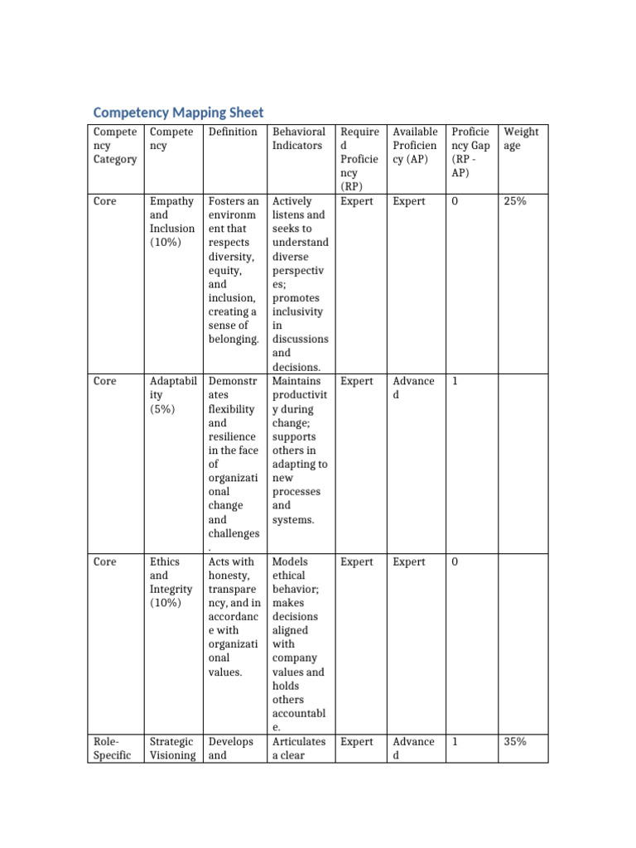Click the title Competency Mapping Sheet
click(178, 112)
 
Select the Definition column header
click(233, 132)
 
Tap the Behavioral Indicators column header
click(297, 138)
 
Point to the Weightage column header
click(521, 138)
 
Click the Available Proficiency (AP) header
click(415, 145)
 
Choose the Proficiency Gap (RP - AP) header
click(470, 152)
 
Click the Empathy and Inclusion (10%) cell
click(172, 222)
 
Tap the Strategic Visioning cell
click(172, 749)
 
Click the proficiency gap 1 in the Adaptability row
click(454, 382)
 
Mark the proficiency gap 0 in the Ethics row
click(455, 562)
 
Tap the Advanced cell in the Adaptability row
click(413, 388)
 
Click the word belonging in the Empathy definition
click(234, 340)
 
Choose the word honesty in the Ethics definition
click(230, 576)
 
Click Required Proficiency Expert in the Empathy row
click(357, 201)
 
